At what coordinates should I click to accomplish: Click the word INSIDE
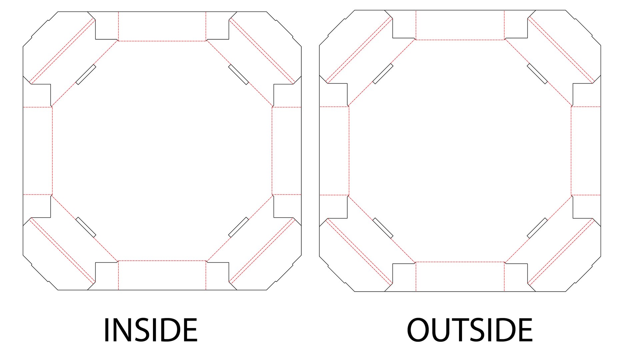151,330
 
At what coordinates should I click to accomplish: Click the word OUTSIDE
470,330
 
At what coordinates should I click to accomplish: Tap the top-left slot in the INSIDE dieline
86,75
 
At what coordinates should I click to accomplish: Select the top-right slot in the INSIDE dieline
238,75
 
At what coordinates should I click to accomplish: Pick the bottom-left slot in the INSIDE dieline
86,227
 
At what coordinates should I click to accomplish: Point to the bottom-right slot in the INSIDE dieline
238,227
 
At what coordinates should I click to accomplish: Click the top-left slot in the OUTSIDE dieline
383,74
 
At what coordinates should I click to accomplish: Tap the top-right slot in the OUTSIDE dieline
537,74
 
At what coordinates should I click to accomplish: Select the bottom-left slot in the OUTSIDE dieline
383,228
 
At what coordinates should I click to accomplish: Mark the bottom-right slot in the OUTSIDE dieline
537,228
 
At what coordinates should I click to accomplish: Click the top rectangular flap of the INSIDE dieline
162,26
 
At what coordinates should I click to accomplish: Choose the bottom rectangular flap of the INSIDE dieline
162,275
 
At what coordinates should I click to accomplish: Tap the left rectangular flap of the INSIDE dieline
38,151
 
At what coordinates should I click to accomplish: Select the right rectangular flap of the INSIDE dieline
287,151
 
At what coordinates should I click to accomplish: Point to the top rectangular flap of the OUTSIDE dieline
460,25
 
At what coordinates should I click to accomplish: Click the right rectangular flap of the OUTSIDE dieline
586,151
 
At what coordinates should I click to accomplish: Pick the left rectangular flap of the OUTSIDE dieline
334,151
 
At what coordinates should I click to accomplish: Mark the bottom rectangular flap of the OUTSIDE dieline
460,277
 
